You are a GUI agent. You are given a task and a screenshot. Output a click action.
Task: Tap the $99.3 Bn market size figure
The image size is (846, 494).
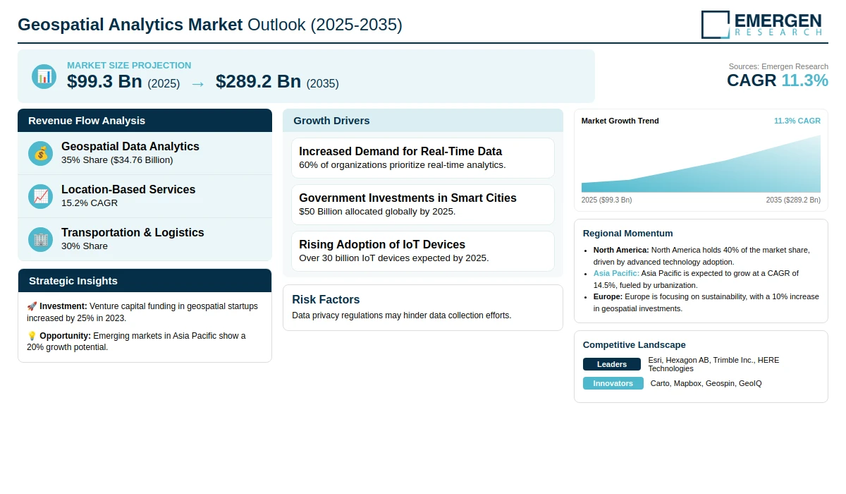pos(104,81)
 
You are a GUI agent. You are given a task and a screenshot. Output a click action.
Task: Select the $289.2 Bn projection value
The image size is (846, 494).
pos(258,81)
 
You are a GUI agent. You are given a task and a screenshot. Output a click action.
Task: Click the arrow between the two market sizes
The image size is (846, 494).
pos(198,84)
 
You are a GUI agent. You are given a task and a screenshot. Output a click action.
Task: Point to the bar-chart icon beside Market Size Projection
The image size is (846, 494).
pos(44,76)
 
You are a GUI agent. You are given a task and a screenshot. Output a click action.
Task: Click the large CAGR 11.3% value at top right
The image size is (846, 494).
pos(777,80)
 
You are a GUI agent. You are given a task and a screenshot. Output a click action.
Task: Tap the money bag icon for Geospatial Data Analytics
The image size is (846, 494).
pos(40,153)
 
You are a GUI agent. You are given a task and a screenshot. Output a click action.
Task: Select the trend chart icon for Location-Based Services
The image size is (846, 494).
pos(40,197)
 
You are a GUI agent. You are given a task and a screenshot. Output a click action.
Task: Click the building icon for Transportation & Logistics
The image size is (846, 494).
pos(40,240)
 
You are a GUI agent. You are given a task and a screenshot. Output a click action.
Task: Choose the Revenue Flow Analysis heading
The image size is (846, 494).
pos(87,121)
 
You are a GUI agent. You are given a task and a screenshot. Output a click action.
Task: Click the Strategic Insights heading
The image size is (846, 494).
pos(73,281)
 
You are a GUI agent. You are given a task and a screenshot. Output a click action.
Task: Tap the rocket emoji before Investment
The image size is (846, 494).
pos(32,306)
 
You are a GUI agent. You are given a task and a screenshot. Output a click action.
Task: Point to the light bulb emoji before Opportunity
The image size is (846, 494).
pos(32,336)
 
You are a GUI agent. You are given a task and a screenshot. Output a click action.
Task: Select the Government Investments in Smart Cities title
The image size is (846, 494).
pos(407,198)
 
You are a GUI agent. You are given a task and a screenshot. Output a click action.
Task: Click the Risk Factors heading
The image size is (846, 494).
pos(326,299)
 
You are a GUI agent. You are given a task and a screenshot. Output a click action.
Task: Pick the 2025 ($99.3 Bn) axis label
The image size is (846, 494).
pos(606,200)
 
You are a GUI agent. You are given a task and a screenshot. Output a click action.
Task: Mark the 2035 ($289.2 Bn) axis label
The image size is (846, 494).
pos(793,200)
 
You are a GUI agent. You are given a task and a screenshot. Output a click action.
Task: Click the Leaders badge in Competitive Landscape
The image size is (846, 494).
pos(612,364)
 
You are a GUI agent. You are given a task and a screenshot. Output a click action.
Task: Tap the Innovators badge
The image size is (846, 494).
pos(613,383)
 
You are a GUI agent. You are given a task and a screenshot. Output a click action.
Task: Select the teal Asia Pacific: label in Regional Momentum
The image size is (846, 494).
pos(616,273)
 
